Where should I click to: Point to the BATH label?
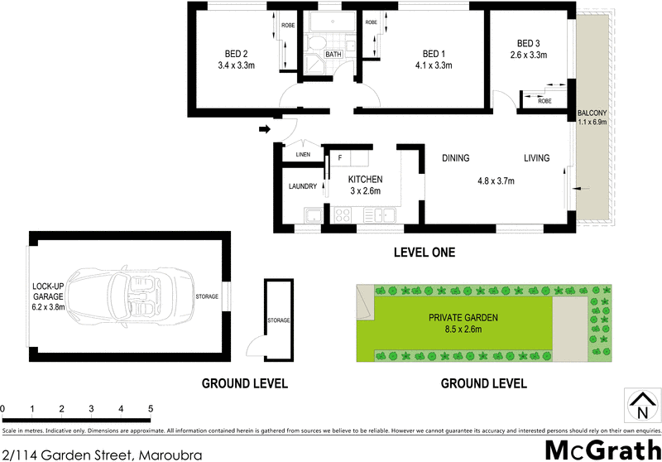pyautogui.click(x=333, y=55)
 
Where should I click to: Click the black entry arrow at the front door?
pyautogui.click(x=265, y=128)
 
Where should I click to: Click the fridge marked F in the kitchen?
pyautogui.click(x=339, y=156)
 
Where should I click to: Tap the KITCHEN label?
pyautogui.click(x=365, y=179)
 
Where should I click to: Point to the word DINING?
pyautogui.click(x=456, y=158)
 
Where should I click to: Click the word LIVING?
pyautogui.click(x=538, y=158)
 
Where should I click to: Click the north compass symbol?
pyautogui.click(x=640, y=407)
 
